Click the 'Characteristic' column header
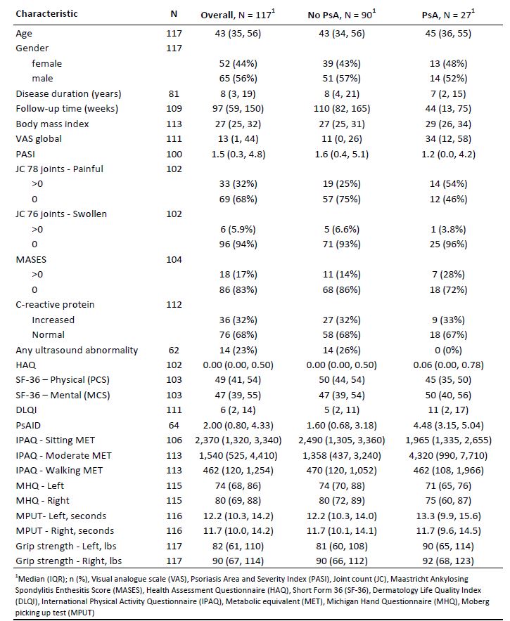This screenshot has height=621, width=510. pyautogui.click(x=46, y=14)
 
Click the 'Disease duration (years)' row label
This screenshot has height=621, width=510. pyautogui.click(x=68, y=93)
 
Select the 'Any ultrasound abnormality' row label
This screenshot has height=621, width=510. pyautogui.click(x=77, y=350)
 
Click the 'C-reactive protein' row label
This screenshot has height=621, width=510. pyautogui.click(x=55, y=305)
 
